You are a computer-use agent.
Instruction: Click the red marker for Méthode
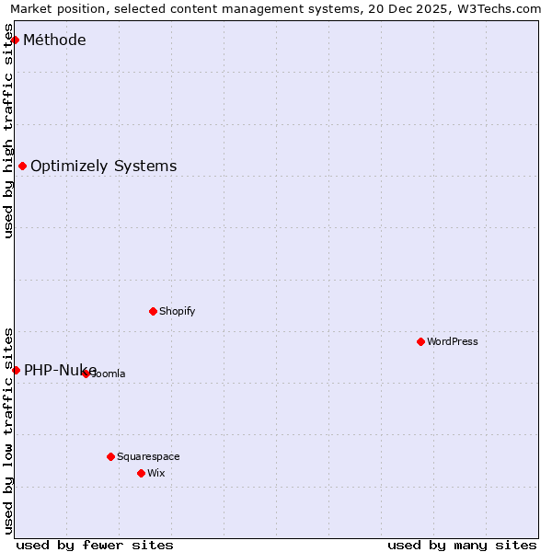[x=16, y=40]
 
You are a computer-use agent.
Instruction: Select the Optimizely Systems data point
[x=23, y=167]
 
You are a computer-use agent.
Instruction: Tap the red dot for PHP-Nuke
[x=16, y=370]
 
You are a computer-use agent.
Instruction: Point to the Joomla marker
[x=86, y=374]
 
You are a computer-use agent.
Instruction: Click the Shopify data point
[x=154, y=311]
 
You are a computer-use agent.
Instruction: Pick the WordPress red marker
[x=421, y=342]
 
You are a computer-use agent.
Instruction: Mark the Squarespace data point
[x=111, y=456]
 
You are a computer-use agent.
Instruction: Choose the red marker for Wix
[x=142, y=473]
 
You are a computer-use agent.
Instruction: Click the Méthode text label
[x=54, y=40]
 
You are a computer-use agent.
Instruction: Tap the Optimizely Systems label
[x=103, y=167]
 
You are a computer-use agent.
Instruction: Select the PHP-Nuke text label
[x=60, y=370]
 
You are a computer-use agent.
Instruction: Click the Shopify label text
[x=177, y=311]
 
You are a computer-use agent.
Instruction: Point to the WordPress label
[x=452, y=342]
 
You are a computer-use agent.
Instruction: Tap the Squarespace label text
[x=148, y=456]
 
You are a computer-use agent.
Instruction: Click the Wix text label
[x=155, y=473]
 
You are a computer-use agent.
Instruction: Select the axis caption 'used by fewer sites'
[x=95, y=545]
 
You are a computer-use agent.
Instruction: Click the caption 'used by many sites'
[x=462, y=545]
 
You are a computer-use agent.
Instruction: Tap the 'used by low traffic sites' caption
[x=9, y=431]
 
